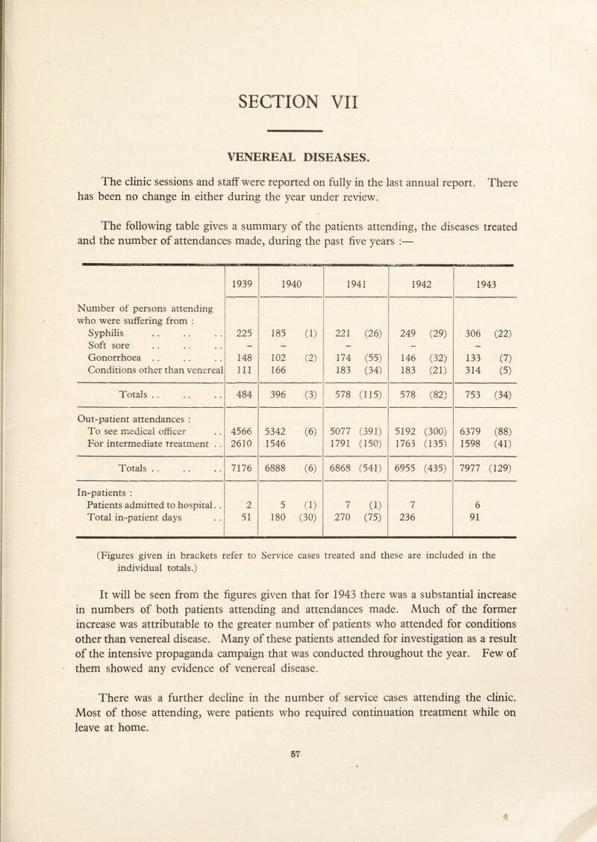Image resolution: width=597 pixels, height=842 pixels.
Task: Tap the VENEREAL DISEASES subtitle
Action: (x=298, y=157)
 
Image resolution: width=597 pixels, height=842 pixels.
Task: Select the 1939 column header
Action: (x=241, y=263)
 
